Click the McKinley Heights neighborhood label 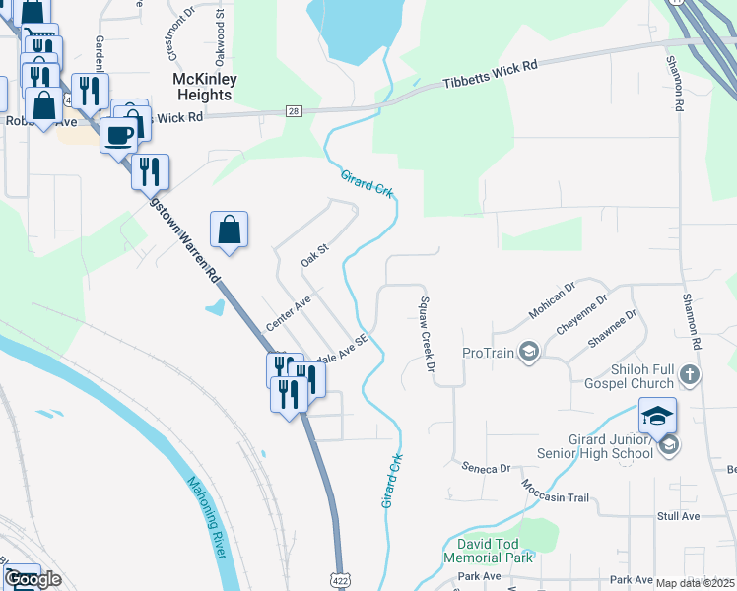(201, 87)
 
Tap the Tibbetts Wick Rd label (491, 73)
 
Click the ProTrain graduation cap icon (529, 352)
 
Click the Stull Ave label (678, 515)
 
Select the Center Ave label (288, 313)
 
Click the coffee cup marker (119, 135)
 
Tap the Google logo (33, 580)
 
